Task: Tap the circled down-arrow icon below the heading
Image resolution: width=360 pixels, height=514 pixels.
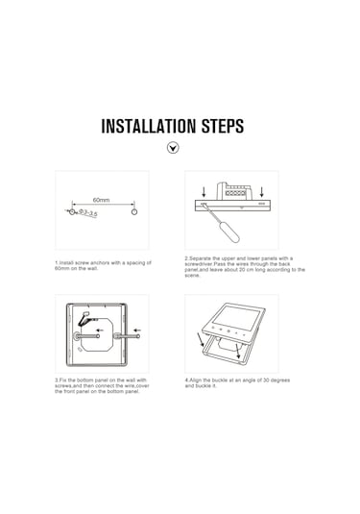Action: (174, 149)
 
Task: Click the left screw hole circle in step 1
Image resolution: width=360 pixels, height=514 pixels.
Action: (70, 210)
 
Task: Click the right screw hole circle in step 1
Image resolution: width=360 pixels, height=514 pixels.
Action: (134, 210)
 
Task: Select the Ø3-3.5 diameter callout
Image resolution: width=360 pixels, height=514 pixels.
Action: (88, 213)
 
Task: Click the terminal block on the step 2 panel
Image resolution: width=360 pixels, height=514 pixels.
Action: (236, 193)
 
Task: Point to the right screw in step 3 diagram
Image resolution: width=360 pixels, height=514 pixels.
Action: (124, 336)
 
